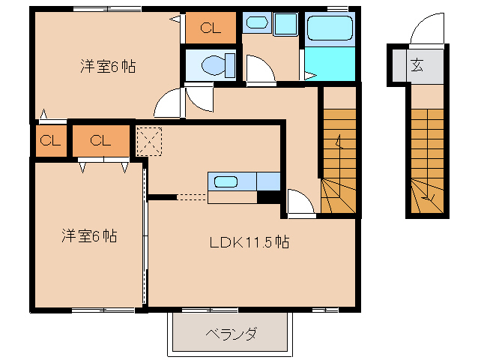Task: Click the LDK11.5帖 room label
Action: (x=249, y=242)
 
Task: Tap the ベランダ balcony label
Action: (x=231, y=334)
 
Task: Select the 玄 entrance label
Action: (x=417, y=65)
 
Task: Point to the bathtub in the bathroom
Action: (x=330, y=28)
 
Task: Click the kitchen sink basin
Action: (x=226, y=182)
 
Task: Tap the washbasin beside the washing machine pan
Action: (x=257, y=22)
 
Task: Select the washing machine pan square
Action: (x=285, y=24)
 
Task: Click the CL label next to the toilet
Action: (x=211, y=28)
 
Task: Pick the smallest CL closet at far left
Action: (x=51, y=141)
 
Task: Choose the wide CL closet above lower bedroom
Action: (x=100, y=141)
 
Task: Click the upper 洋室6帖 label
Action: (x=108, y=66)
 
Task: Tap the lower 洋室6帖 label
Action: (x=89, y=235)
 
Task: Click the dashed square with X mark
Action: (x=149, y=142)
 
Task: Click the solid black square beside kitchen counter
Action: (x=268, y=197)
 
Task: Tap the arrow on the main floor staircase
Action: (x=339, y=142)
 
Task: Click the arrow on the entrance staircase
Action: (x=428, y=198)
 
